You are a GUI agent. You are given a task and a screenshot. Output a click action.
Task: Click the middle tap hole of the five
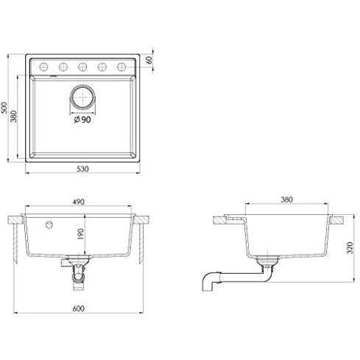click(x=82, y=65)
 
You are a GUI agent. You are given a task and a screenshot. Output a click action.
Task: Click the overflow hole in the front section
click(x=49, y=222)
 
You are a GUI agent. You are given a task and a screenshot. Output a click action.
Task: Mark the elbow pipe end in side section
click(x=208, y=283)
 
